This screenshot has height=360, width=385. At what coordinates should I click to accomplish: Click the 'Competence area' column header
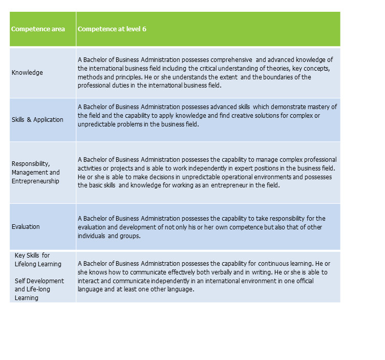(38, 29)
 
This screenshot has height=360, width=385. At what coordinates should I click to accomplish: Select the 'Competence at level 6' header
(112, 29)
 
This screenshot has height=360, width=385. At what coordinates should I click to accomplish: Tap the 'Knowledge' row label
(27, 73)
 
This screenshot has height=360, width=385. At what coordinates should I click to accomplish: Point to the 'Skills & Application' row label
(37, 120)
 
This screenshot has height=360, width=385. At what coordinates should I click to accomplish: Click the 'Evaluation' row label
(26, 227)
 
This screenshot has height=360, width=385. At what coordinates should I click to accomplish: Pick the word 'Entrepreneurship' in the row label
(35, 181)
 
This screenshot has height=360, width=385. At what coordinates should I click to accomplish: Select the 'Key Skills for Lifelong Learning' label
(38, 260)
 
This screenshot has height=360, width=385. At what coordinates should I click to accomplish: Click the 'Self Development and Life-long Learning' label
(39, 289)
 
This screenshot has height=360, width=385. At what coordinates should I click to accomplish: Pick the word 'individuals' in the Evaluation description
(92, 236)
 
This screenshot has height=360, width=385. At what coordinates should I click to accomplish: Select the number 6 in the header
(144, 29)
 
